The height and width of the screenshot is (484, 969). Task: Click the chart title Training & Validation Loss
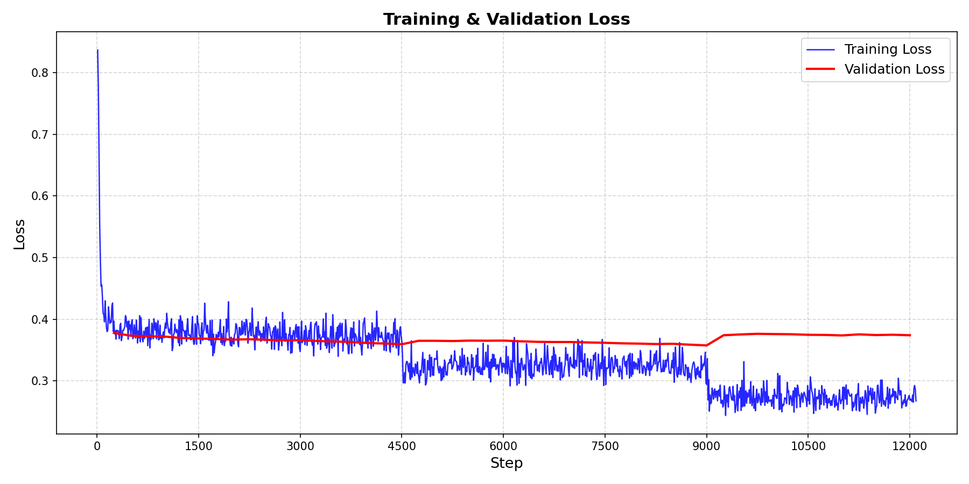[x=506, y=19]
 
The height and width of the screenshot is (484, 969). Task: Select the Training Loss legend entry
[x=887, y=49]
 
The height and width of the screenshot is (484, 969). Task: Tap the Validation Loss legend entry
[x=894, y=69]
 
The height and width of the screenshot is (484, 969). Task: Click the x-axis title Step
[x=506, y=463]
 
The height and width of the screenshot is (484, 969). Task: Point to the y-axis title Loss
[x=19, y=233]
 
